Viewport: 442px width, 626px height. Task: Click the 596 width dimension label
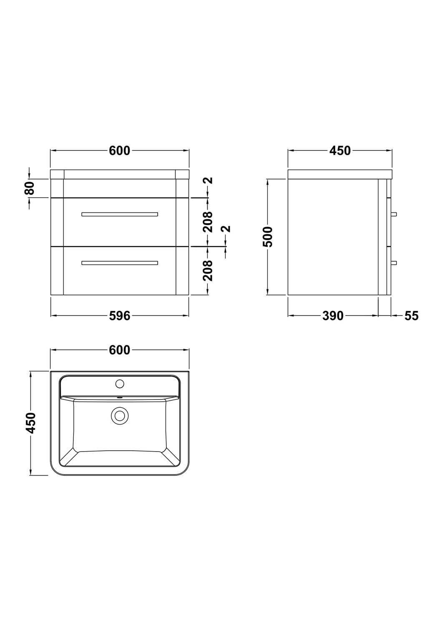click(x=120, y=316)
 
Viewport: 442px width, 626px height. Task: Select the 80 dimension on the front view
click(x=29, y=188)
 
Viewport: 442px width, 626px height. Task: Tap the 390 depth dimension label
click(x=333, y=316)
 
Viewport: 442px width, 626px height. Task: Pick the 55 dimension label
click(x=411, y=316)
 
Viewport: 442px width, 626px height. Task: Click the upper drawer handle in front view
click(x=120, y=214)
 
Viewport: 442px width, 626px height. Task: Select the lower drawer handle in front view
click(x=120, y=263)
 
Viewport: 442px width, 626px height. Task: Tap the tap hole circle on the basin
click(x=120, y=383)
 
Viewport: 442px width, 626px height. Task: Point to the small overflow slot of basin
click(x=120, y=397)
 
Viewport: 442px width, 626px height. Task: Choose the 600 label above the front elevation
click(x=120, y=151)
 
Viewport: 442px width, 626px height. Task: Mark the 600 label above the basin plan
click(x=120, y=351)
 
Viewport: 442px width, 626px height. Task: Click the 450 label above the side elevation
click(x=340, y=151)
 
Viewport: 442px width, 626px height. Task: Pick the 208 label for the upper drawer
click(x=208, y=222)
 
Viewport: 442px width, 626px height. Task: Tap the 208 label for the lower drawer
click(x=208, y=270)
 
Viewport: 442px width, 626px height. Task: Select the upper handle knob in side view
click(x=394, y=214)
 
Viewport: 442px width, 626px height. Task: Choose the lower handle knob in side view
click(x=394, y=263)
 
